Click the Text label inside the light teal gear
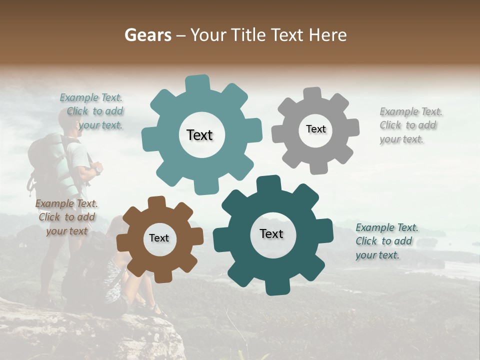tap(199, 135)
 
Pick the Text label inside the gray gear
tap(315, 129)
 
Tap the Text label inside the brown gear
tap(159, 238)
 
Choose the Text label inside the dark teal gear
tap(271, 233)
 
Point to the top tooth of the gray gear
tap(312, 94)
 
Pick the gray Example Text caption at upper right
tap(410, 125)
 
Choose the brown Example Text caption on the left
tap(67, 217)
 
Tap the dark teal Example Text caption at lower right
tap(386, 241)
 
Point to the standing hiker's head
tap(70, 120)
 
